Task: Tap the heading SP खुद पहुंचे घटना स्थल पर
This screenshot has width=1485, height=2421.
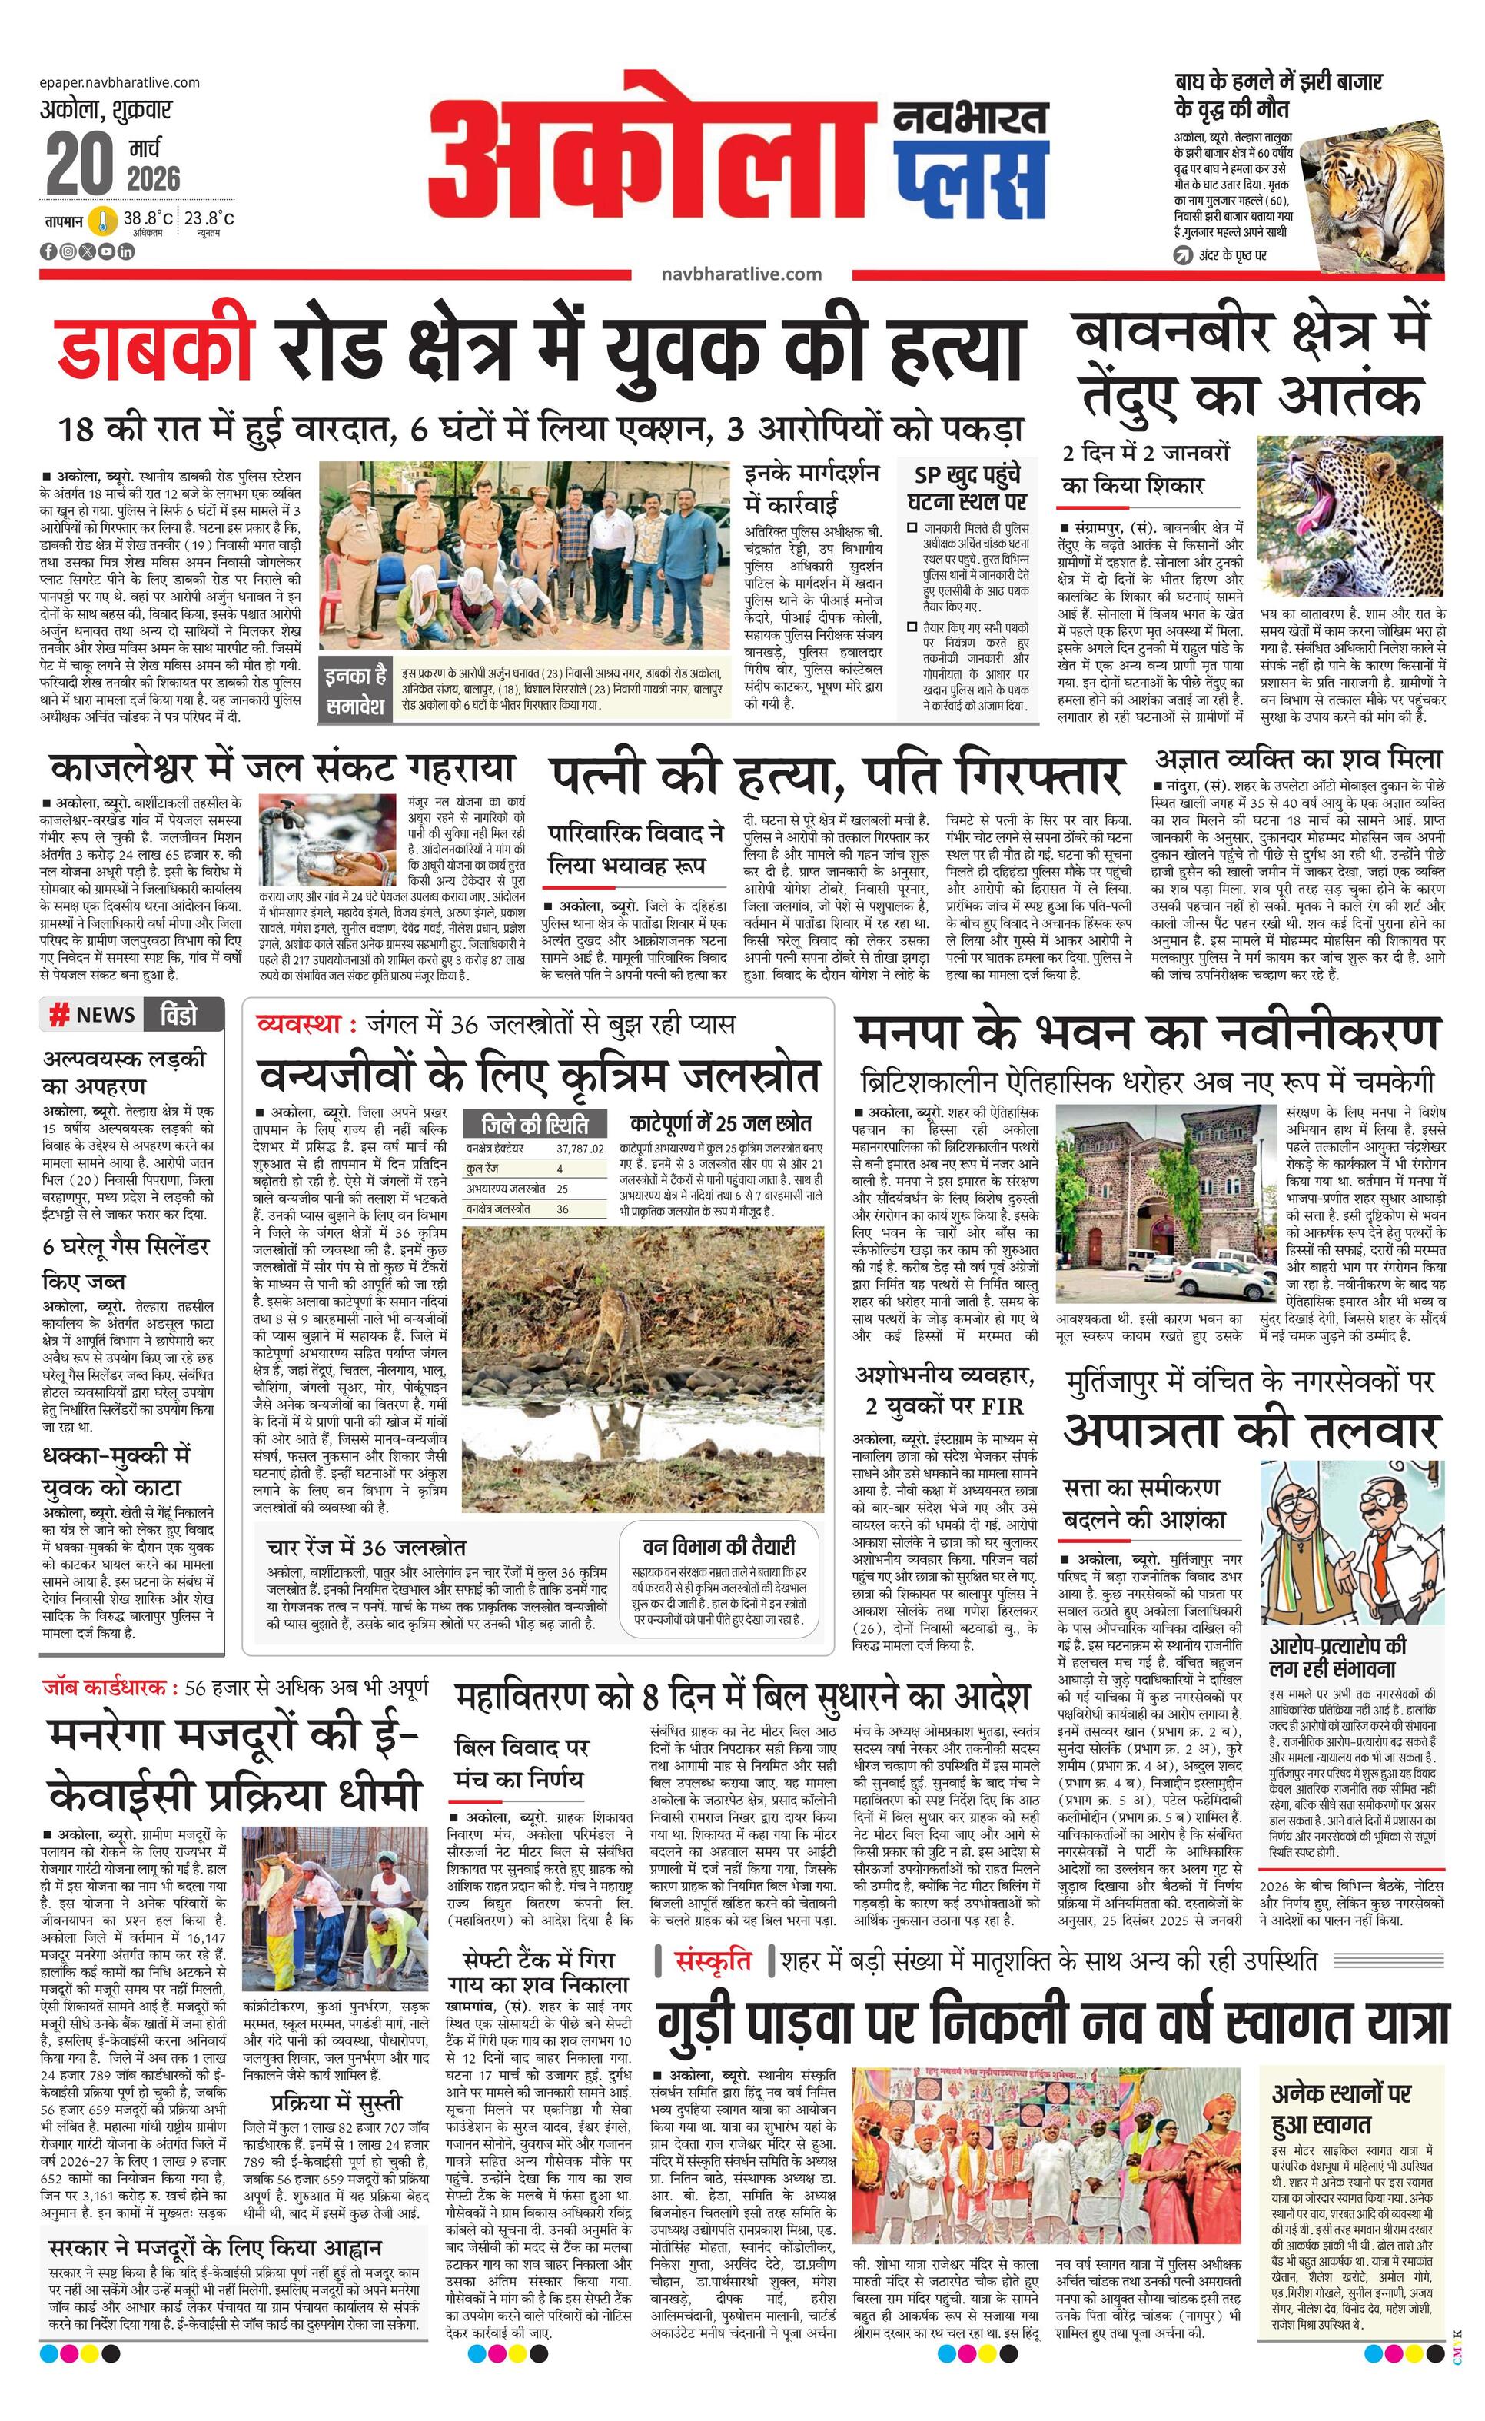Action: click(968, 487)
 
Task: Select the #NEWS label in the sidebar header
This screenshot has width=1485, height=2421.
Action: click(93, 1015)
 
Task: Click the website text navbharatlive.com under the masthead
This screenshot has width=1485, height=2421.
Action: click(742, 274)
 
